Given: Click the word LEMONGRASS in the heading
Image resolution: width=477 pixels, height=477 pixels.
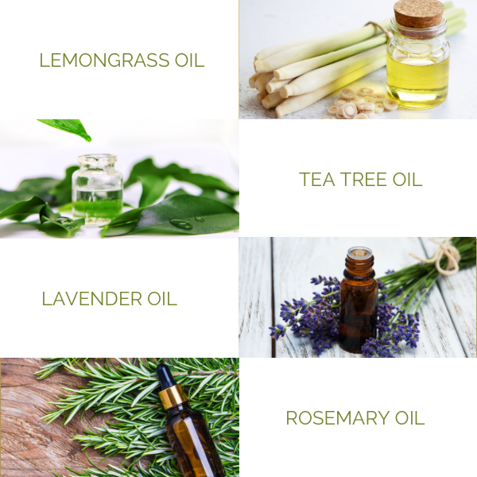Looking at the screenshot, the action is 104,60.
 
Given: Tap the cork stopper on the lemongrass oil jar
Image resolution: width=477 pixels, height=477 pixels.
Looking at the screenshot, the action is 419,14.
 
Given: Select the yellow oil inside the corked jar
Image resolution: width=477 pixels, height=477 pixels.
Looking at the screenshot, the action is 417,79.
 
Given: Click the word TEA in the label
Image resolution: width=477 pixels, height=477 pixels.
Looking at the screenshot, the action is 317,179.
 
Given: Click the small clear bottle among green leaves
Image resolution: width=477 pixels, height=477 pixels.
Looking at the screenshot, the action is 97,190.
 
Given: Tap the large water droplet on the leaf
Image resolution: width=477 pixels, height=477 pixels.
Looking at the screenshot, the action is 181,224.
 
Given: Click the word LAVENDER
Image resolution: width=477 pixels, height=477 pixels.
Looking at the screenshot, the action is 92,299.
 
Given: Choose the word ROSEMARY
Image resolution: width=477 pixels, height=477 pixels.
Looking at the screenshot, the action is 338,418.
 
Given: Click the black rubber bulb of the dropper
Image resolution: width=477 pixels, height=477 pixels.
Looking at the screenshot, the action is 165,377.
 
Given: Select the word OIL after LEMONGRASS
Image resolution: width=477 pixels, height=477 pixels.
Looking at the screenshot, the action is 189,60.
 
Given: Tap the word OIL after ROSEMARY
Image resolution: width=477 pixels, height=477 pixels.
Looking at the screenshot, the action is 409,418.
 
